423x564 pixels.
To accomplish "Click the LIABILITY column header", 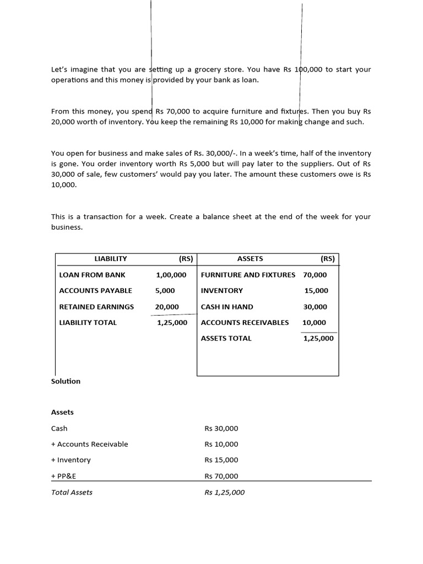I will pyautogui.click(x=111, y=258).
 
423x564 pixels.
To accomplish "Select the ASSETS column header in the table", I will pyautogui.click(x=250, y=258).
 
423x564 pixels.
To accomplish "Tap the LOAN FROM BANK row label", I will pyautogui.click(x=92, y=275).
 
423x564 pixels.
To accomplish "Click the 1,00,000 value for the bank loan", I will pyautogui.click(x=171, y=275).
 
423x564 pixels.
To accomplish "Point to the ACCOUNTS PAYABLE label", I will pyautogui.click(x=95, y=291).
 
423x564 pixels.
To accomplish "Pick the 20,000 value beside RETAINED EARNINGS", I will pyautogui.click(x=167, y=307).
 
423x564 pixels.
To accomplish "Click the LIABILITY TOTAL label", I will pyautogui.click(x=88, y=323).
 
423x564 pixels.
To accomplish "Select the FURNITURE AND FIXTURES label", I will pyautogui.click(x=248, y=275).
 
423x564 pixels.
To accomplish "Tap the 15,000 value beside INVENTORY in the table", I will pyautogui.click(x=316, y=291).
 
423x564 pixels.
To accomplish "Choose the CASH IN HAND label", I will pyautogui.click(x=227, y=307).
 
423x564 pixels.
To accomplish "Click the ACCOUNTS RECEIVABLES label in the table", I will pyautogui.click(x=245, y=323).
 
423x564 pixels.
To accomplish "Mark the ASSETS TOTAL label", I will pyautogui.click(x=226, y=339).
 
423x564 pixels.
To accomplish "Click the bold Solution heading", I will pyautogui.click(x=66, y=381).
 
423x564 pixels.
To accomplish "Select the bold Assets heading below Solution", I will pyautogui.click(x=62, y=412).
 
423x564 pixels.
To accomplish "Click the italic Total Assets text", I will pyautogui.click(x=72, y=492).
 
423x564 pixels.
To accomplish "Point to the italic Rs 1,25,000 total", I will pyautogui.click(x=224, y=492).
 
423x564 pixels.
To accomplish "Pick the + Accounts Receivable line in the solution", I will pyautogui.click(x=89, y=444).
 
